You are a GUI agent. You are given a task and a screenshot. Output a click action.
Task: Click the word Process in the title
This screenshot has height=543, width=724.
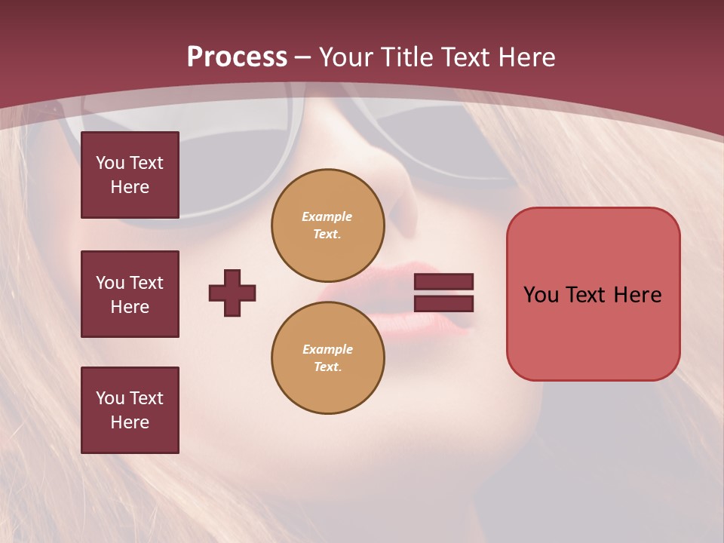(237, 57)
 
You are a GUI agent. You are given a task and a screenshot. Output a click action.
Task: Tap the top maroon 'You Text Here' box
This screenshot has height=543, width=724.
(130, 175)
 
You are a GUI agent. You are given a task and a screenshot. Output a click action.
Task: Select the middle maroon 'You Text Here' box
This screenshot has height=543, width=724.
(130, 294)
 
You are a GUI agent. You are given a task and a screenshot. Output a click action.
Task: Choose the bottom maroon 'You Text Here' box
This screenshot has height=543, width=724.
(130, 410)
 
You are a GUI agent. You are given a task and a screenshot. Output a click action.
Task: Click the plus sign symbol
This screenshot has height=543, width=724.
(232, 293)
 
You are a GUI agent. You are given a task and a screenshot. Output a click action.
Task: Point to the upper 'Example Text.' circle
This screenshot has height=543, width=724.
(327, 225)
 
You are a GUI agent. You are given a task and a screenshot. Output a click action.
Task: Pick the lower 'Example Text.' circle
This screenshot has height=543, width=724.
(327, 357)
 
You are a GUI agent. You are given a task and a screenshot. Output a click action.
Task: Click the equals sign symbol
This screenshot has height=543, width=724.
(443, 293)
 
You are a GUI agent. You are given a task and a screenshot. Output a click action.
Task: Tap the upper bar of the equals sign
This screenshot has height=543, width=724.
(443, 282)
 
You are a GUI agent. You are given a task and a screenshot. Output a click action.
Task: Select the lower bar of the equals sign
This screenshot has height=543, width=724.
(443, 303)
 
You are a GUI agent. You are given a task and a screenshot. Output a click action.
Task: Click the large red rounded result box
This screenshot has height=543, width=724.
(593, 294)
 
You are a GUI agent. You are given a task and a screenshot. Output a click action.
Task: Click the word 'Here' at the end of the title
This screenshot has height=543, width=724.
(528, 57)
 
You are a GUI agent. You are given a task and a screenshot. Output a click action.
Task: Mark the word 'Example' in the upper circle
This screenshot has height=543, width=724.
(327, 216)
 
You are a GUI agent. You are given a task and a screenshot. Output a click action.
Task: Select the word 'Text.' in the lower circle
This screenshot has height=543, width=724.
(327, 367)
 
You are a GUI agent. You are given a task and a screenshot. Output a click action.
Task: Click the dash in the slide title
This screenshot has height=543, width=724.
(303, 57)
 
